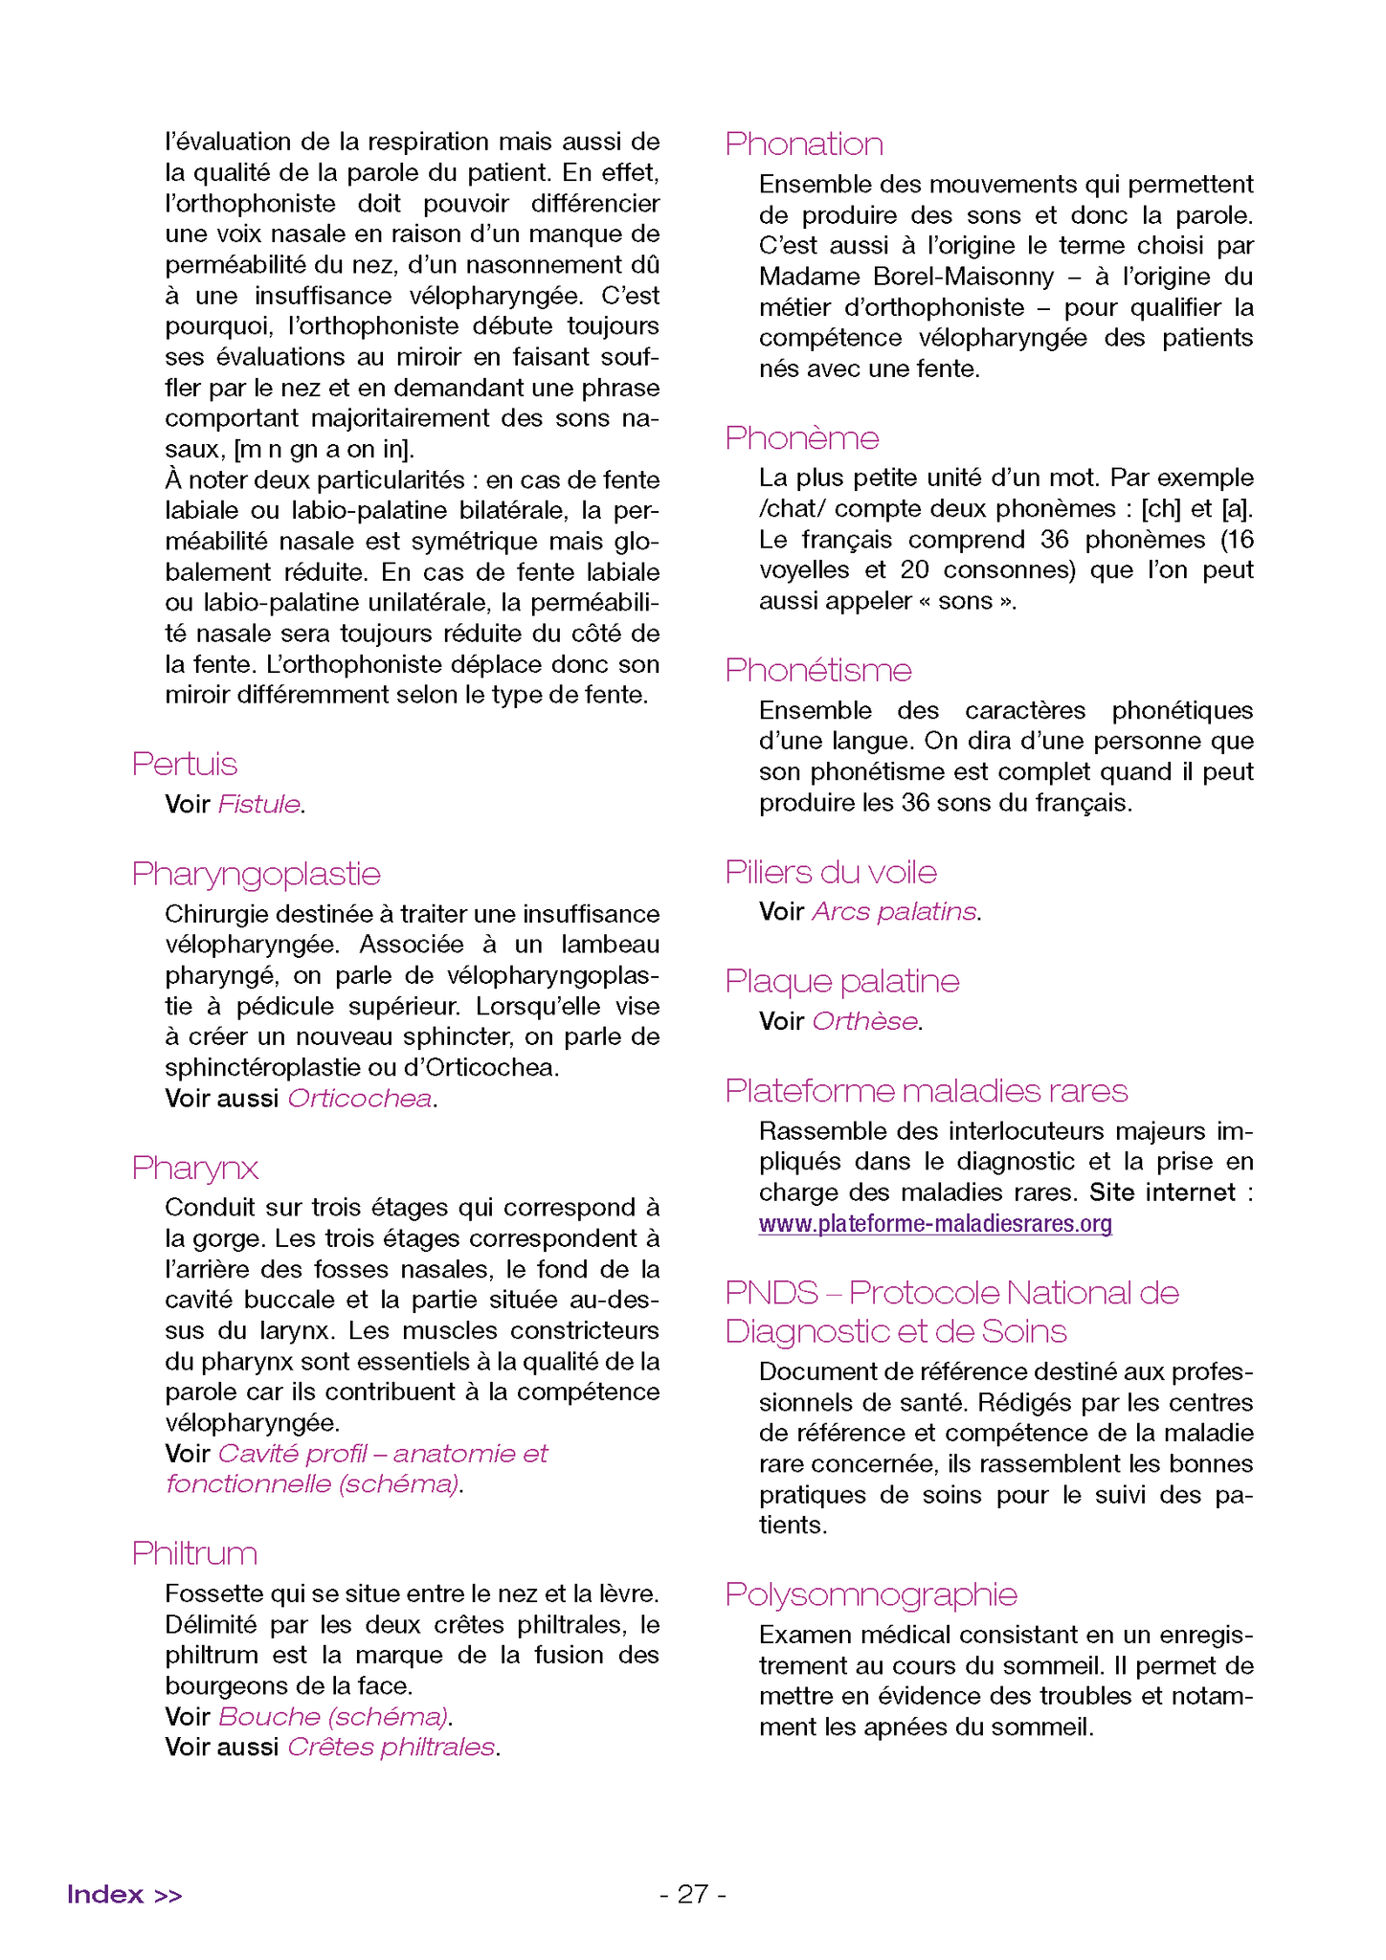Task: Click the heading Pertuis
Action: pos(185,764)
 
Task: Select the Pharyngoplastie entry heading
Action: pos(257,874)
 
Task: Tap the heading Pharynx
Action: pos(195,1168)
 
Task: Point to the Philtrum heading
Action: pos(195,1553)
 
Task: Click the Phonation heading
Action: pos(804,144)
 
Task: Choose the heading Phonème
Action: pos(802,437)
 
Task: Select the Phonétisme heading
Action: pos(818,670)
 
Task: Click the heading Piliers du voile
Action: pos(831,872)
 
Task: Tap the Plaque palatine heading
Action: pos(842,981)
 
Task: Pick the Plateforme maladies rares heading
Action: pos(927,1091)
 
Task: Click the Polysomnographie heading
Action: pos(871,1594)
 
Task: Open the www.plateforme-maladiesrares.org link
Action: pos(935,1224)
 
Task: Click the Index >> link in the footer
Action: pos(124,1895)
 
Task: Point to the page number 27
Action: pos(693,1895)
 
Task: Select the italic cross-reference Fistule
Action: pos(259,805)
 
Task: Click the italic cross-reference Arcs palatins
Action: pos(894,912)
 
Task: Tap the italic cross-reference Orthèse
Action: pos(864,1022)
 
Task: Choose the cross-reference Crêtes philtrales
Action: pos(391,1748)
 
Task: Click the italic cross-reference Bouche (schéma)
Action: pos(333,1717)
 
